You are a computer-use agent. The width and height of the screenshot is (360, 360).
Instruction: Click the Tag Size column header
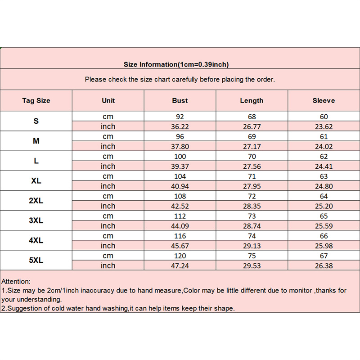click(36, 101)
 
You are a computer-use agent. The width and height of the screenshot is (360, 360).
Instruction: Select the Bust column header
click(180, 101)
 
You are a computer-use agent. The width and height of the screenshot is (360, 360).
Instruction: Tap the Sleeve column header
click(324, 101)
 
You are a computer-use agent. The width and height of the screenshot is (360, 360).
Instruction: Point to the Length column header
click(252, 101)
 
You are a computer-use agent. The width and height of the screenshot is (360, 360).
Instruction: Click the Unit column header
click(108, 101)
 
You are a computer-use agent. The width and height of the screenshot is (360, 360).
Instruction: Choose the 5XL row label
click(36, 261)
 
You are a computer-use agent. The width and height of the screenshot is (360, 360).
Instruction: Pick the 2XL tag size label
click(36, 201)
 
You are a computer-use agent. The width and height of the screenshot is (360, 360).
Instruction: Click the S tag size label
click(36, 121)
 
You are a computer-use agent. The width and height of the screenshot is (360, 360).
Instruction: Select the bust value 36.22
click(180, 126)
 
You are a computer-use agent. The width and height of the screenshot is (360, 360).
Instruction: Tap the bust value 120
click(180, 256)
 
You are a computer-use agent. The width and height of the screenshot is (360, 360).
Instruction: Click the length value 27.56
click(252, 166)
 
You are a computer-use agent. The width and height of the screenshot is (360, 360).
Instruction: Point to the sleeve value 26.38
click(324, 265)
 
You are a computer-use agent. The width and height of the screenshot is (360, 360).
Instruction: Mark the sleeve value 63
click(324, 176)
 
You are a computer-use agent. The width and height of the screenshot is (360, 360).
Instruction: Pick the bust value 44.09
click(180, 226)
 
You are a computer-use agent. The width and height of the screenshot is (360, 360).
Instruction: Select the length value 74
click(252, 236)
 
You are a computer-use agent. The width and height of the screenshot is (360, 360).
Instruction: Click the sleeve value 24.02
click(324, 146)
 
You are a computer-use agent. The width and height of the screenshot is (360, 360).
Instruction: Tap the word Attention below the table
click(16, 281)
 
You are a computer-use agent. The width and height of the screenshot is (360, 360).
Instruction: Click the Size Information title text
click(176, 64)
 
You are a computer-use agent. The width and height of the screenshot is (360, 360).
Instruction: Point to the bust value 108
click(180, 196)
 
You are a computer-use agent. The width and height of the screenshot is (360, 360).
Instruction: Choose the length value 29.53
click(252, 265)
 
